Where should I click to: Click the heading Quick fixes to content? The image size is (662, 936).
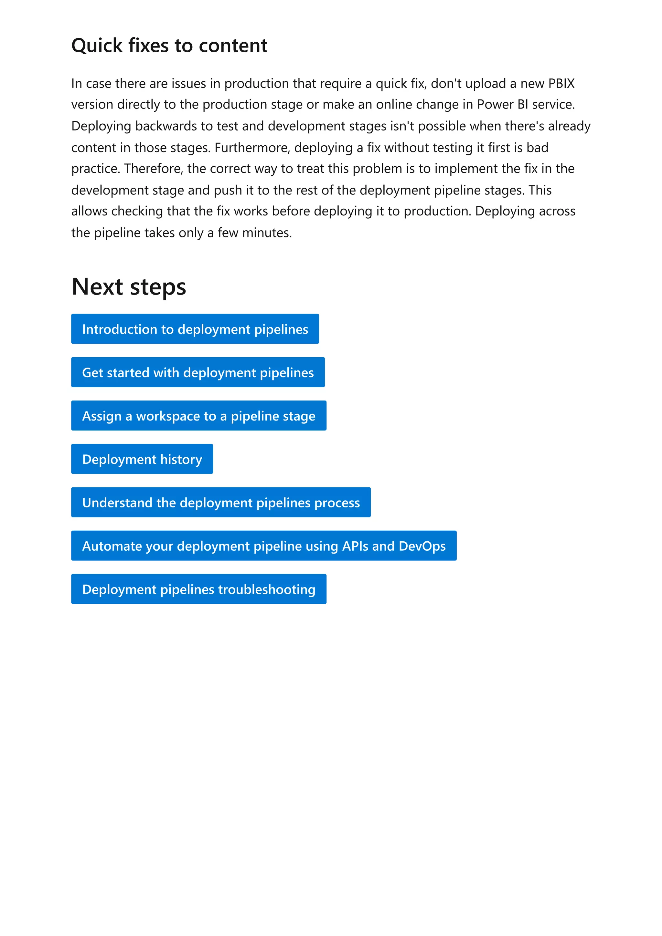pos(169,45)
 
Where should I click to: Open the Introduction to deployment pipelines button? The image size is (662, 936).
pos(195,329)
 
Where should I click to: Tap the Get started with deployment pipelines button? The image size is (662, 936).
pos(198,372)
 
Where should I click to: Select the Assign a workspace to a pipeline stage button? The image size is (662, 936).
pos(199,416)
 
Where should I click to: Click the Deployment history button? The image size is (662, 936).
pos(142,459)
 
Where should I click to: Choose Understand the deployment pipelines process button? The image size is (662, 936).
pos(221,502)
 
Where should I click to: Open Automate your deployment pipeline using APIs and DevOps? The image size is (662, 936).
pos(263,546)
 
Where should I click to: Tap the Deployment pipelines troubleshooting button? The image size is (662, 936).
pos(199,589)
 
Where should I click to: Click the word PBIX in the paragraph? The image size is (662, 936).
pos(561,84)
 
